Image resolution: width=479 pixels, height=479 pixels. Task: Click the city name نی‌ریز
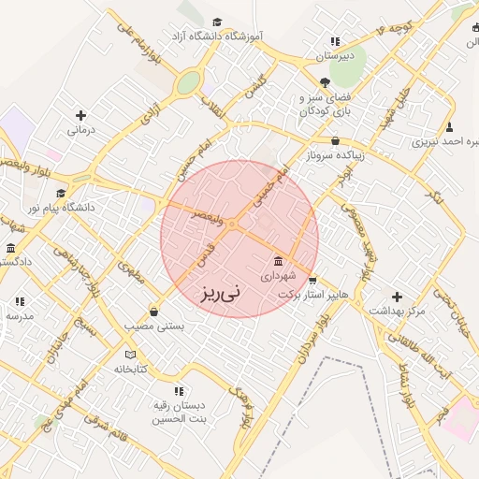pyautogui.click(x=220, y=293)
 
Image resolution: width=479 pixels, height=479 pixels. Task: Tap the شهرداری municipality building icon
pyautogui.click(x=278, y=261)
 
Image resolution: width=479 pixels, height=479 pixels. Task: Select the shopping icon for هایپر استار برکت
pyautogui.click(x=312, y=280)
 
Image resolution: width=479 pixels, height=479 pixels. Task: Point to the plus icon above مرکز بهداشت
pyautogui.click(x=397, y=296)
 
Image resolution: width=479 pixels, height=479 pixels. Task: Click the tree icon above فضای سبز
pyautogui.click(x=324, y=82)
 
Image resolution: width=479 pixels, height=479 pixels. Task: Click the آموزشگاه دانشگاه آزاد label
pyautogui.click(x=216, y=36)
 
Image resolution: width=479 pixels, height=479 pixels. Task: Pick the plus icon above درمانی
pyautogui.click(x=80, y=115)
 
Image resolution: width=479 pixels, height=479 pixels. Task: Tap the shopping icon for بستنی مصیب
pyautogui.click(x=153, y=312)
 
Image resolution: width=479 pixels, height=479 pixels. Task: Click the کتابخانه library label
pyautogui.click(x=132, y=369)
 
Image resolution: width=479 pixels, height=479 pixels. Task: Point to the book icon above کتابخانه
pyautogui.click(x=130, y=355)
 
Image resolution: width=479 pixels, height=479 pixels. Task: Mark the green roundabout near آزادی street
pyautogui.click(x=189, y=83)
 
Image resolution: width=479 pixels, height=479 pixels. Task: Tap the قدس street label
pyautogui.click(x=203, y=252)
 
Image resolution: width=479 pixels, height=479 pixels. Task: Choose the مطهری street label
pyautogui.click(x=129, y=273)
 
